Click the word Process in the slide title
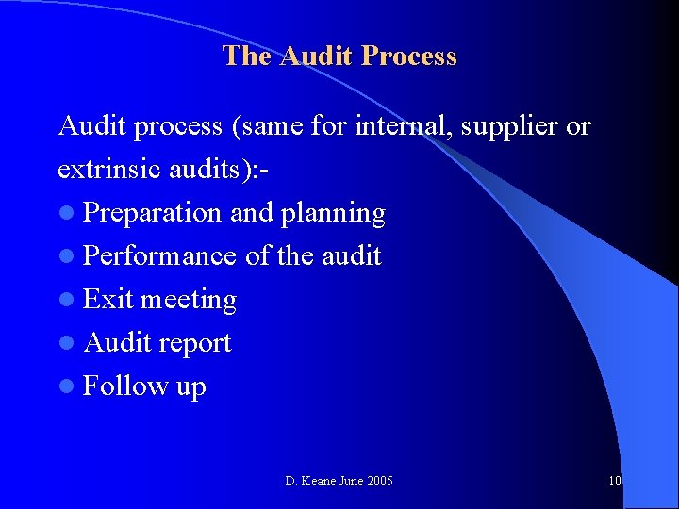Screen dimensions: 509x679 (x=410, y=57)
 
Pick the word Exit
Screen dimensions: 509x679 (x=108, y=300)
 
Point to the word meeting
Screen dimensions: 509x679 (x=188, y=301)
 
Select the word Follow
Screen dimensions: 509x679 (x=123, y=386)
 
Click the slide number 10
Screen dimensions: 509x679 (x=615, y=482)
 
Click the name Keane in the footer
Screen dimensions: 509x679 (x=320, y=482)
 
